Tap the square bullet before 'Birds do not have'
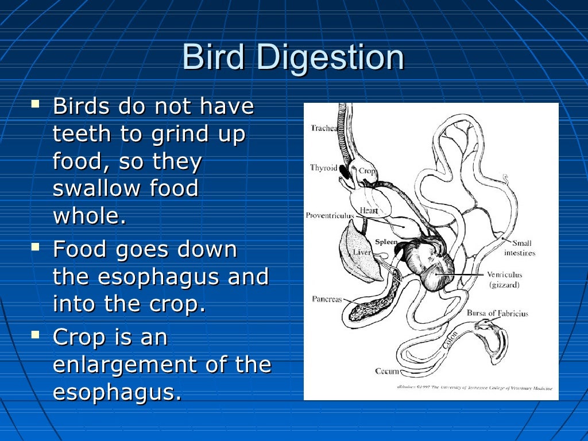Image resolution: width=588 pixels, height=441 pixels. (36, 105)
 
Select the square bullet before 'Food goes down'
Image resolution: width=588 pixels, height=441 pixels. (36, 247)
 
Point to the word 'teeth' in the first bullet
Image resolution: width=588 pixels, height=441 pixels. (81, 134)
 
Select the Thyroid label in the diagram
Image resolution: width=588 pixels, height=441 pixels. (323, 168)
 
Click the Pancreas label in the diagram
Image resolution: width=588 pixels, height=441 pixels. (327, 299)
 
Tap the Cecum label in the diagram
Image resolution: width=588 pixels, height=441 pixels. (387, 371)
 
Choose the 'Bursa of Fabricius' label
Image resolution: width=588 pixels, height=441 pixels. (497, 314)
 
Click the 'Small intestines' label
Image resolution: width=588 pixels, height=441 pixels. (520, 248)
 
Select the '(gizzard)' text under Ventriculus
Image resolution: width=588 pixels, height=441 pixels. (505, 284)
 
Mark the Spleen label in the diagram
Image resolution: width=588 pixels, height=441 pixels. (386, 242)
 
